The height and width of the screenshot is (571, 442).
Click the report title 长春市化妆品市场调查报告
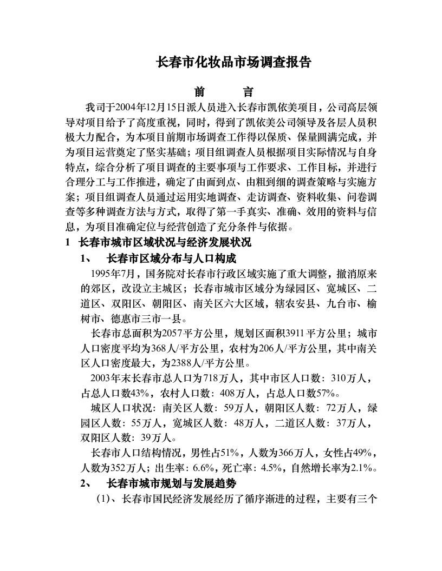233,62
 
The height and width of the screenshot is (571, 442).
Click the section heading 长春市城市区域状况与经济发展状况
165,242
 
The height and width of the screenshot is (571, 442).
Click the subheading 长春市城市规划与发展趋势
172,483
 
